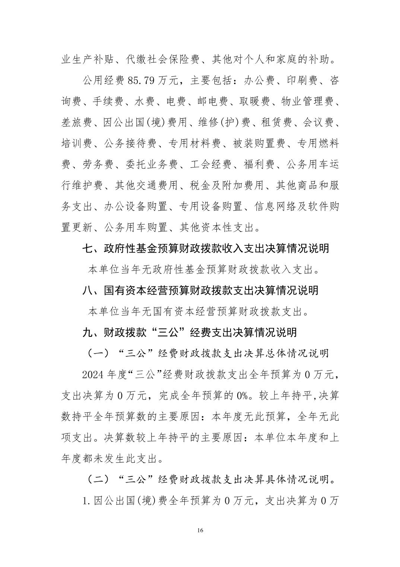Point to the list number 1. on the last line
pyautogui.click(x=87, y=501)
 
